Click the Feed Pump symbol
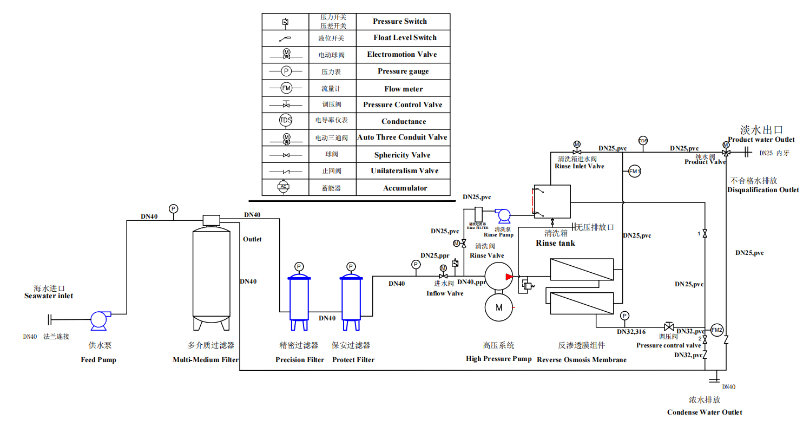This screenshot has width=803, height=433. (x=100, y=320)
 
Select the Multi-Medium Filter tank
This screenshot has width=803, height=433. (x=210, y=273)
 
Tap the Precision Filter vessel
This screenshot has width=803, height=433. (x=299, y=298)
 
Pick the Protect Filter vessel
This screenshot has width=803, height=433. (x=351, y=298)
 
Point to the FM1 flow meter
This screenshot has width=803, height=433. (x=635, y=171)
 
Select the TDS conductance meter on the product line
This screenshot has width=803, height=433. (x=643, y=141)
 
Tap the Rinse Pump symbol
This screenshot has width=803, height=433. (x=504, y=215)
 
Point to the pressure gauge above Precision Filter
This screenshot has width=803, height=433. (x=299, y=266)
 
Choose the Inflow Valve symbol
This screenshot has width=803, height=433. (x=444, y=277)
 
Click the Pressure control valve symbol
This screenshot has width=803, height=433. (x=669, y=326)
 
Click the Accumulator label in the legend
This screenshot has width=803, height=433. (x=405, y=188)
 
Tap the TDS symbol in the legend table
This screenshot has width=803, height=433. (x=286, y=121)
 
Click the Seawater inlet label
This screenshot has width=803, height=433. (x=49, y=296)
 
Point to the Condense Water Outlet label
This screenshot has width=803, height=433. (x=705, y=412)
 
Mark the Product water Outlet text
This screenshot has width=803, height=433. (x=761, y=140)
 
